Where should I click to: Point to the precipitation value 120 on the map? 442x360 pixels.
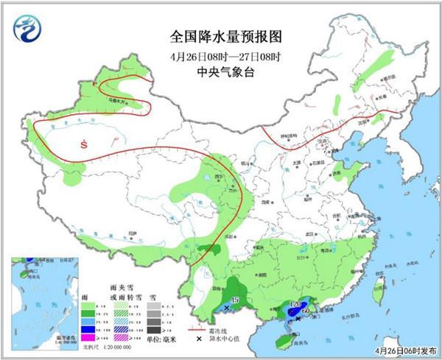[297, 304]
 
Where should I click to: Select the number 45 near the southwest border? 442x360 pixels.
[235, 300]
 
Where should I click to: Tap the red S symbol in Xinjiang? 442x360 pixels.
[85, 144]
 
